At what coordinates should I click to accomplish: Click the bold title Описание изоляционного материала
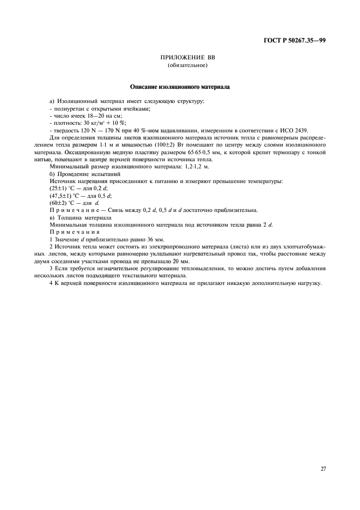[180, 86]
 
